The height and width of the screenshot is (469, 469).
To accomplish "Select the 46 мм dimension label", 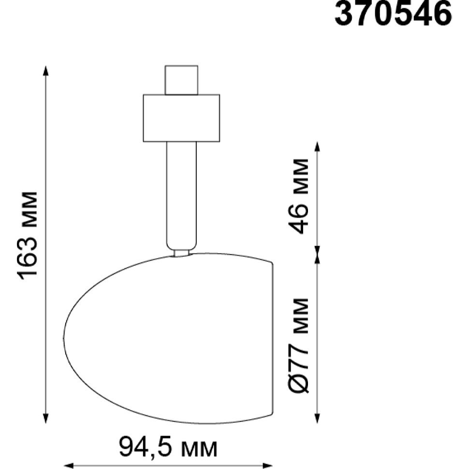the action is [298, 196].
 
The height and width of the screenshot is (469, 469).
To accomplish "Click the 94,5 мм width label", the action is [168, 447].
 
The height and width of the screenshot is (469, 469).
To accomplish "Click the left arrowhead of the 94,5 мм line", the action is [69, 466].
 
